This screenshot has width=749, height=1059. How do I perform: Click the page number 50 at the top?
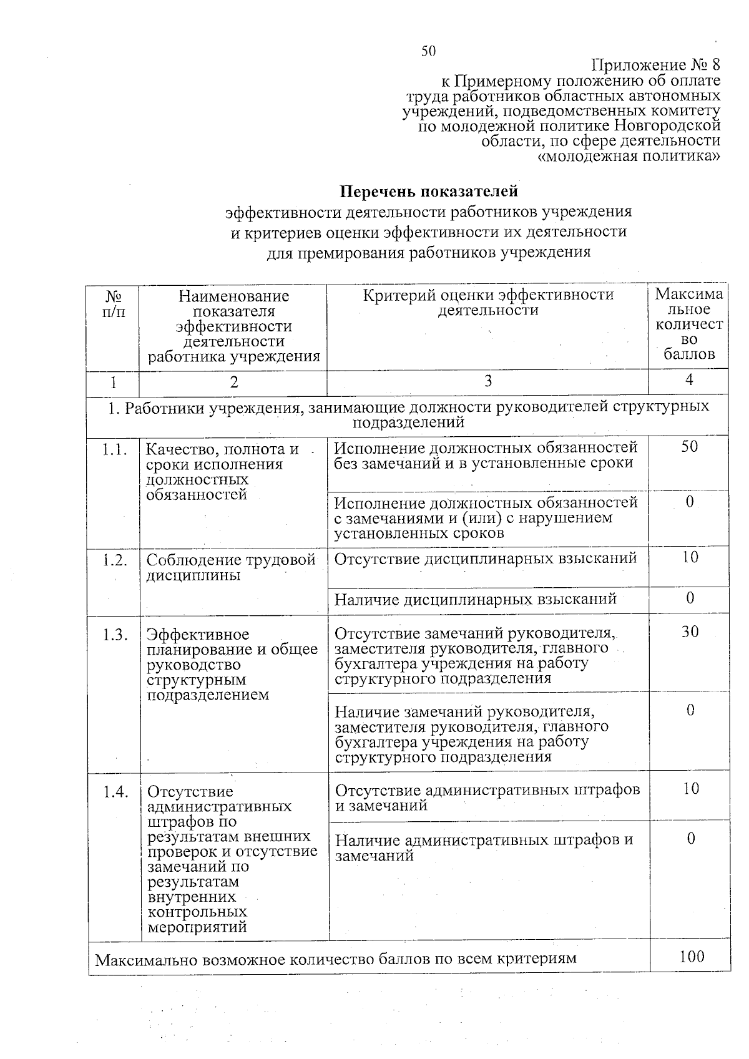point(428,52)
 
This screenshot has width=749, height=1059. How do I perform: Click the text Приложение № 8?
point(655,66)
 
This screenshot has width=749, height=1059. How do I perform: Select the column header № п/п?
point(113,303)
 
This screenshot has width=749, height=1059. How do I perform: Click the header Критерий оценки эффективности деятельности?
point(488,303)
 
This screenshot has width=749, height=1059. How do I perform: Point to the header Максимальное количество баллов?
point(689,325)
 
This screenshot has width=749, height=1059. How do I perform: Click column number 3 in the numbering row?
point(488,381)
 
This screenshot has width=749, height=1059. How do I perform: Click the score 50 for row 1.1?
point(689,447)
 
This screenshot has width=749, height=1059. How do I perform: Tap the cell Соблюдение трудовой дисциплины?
point(232,567)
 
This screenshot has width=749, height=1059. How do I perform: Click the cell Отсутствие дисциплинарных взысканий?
point(486,559)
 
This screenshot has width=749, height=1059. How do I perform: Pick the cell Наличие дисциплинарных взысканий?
point(476,600)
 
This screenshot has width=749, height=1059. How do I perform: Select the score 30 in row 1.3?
point(690,632)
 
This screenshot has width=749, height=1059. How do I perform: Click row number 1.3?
point(115,635)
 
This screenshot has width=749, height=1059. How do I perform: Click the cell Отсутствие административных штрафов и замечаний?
point(487,798)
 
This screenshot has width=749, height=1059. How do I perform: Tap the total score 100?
point(692,957)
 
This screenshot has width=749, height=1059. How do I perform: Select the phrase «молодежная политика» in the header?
point(629,155)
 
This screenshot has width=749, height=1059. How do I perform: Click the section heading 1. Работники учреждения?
point(409,414)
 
